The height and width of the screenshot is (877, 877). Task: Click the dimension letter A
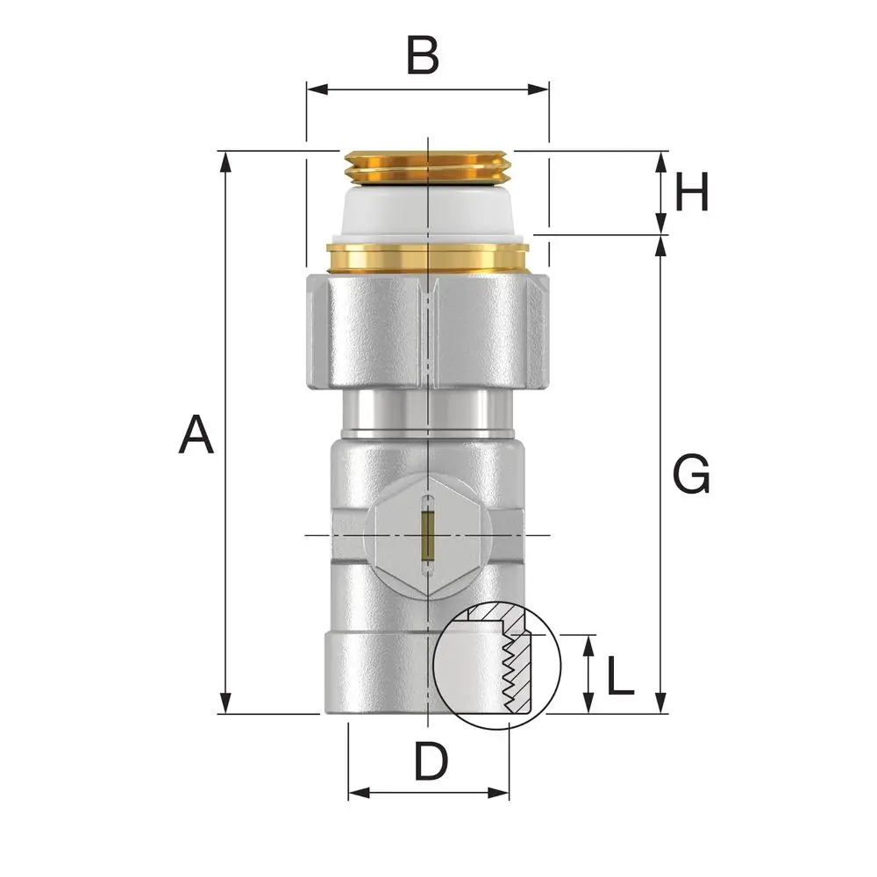[x=196, y=434]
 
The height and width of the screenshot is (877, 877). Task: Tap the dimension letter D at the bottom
[x=431, y=761]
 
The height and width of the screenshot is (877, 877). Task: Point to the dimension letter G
[x=691, y=474]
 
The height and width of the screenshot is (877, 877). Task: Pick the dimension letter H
[x=692, y=191]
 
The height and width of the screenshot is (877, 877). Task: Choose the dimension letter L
[x=620, y=675]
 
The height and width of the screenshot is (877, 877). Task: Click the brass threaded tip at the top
[x=428, y=167]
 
